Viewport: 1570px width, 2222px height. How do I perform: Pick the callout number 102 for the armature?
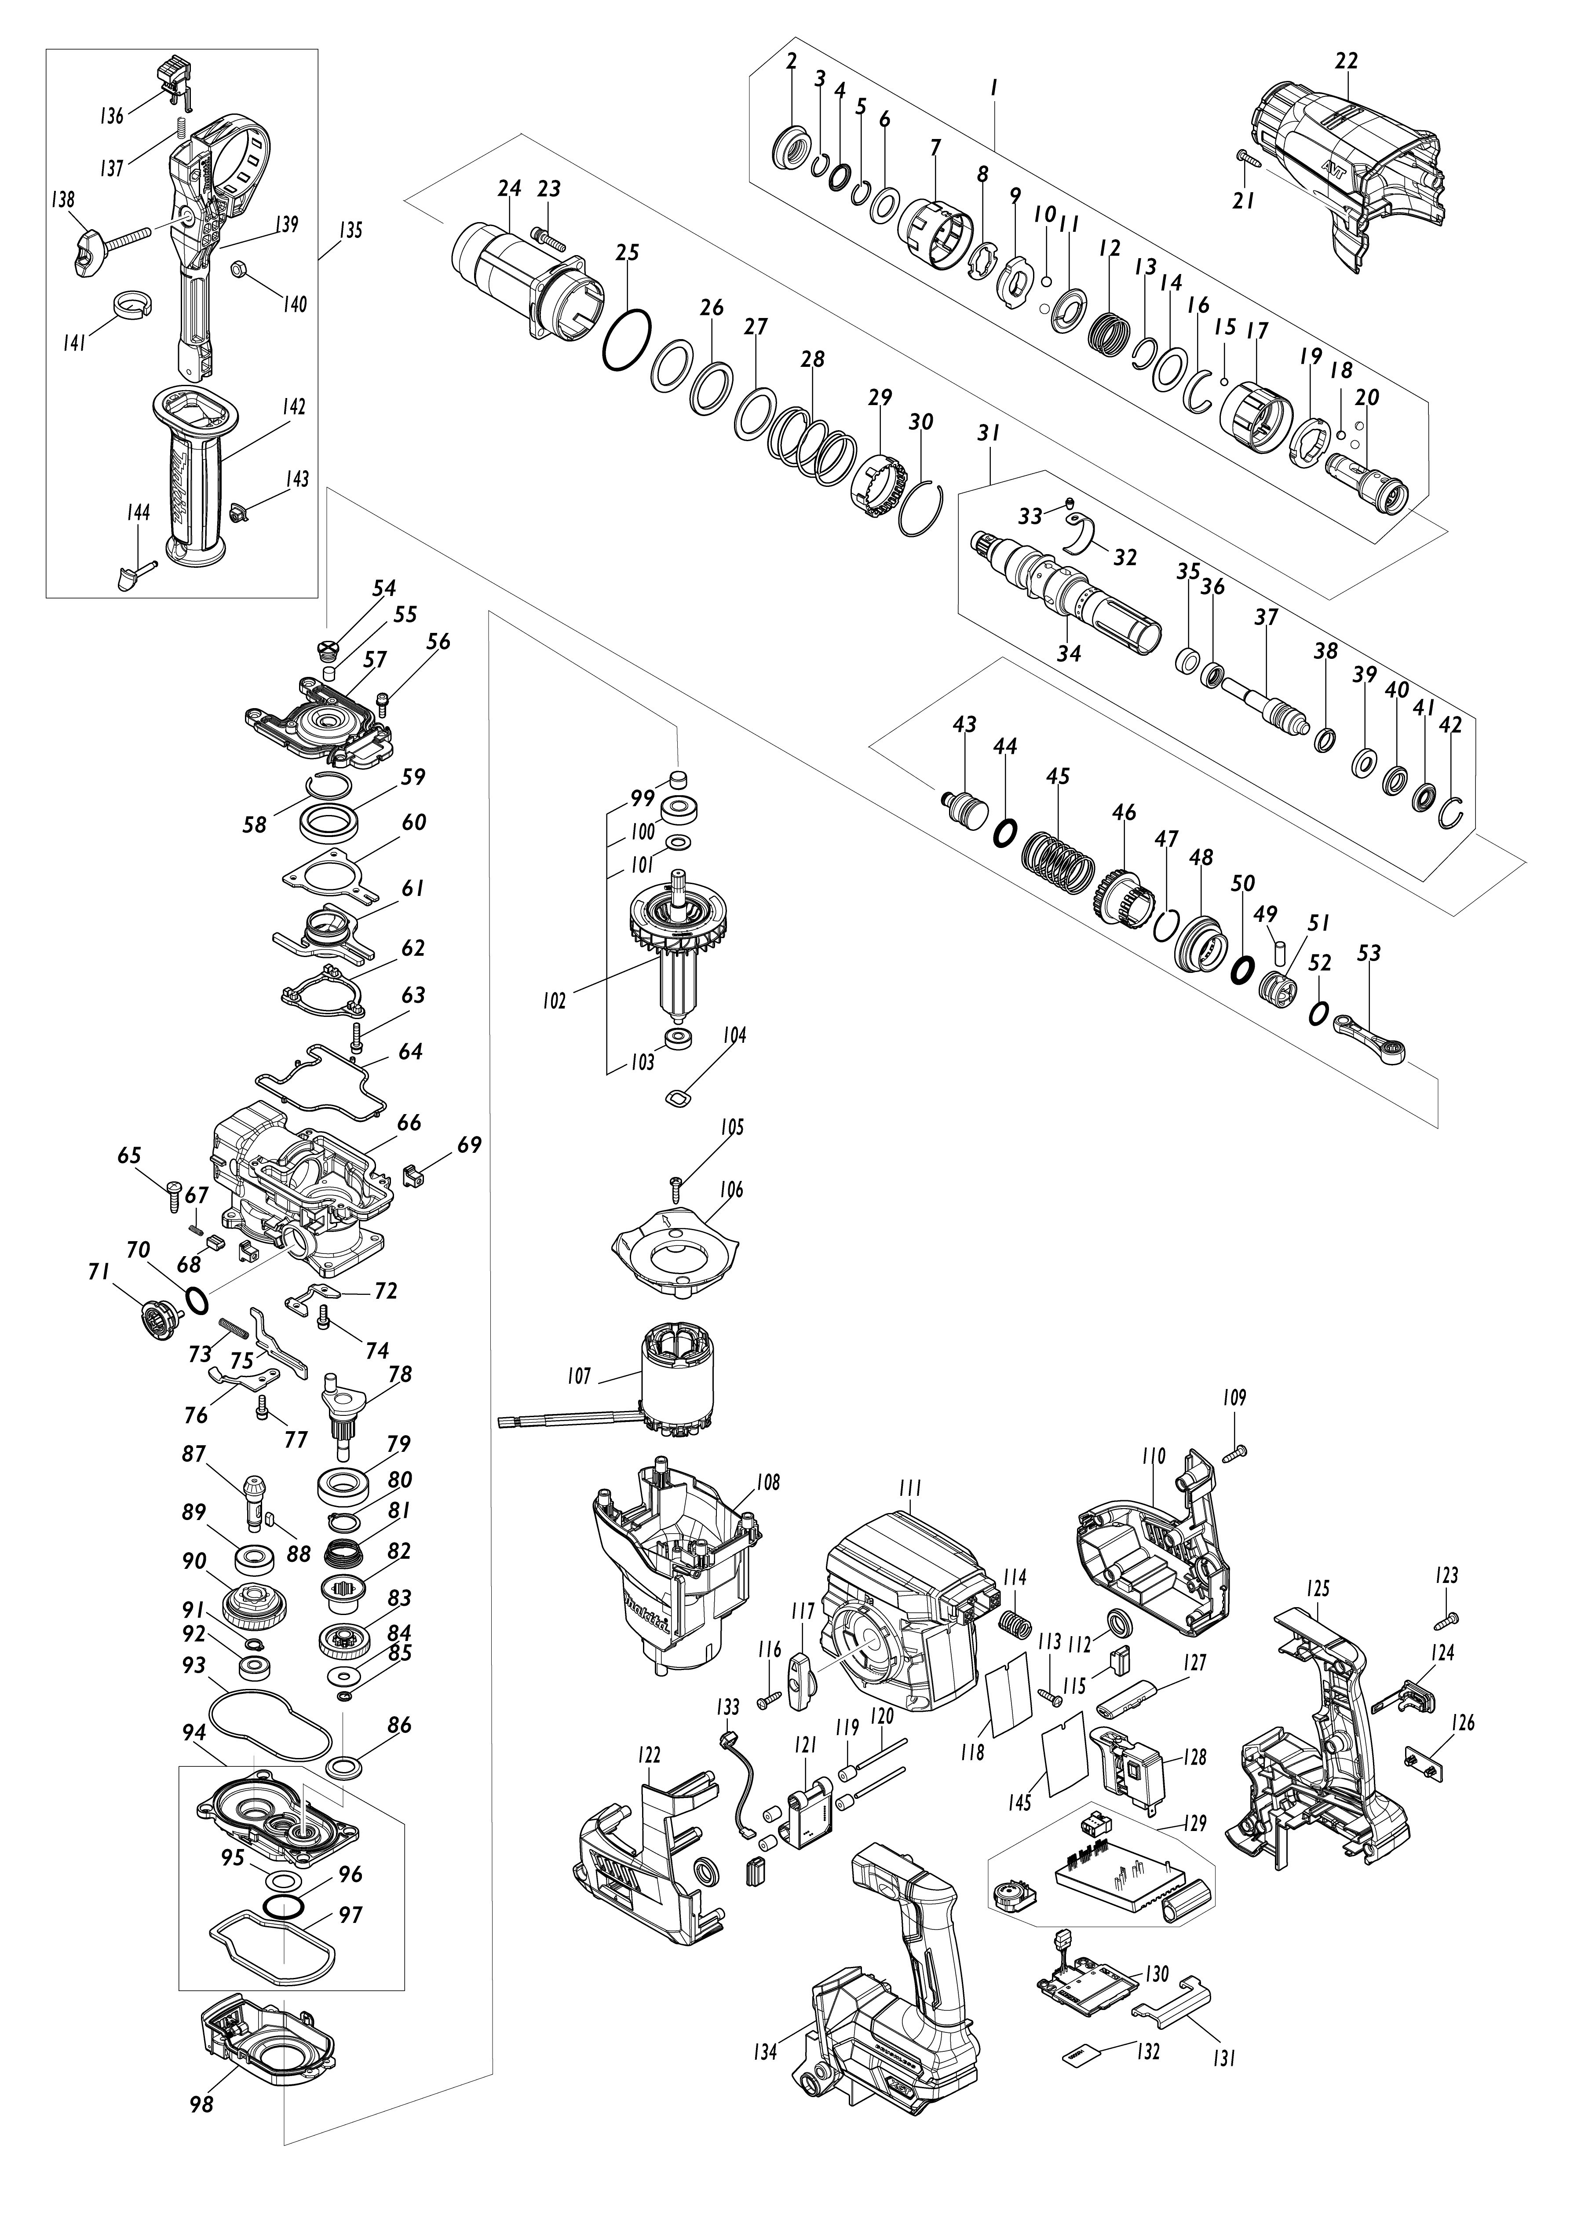click(x=554, y=1001)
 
